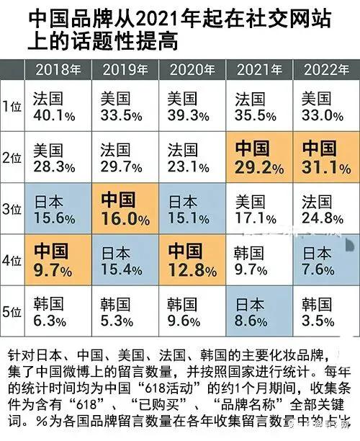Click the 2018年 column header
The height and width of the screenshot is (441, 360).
pos(58,70)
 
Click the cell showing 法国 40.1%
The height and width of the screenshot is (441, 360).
pos(58,106)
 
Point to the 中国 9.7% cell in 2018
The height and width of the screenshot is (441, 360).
pos(58,261)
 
